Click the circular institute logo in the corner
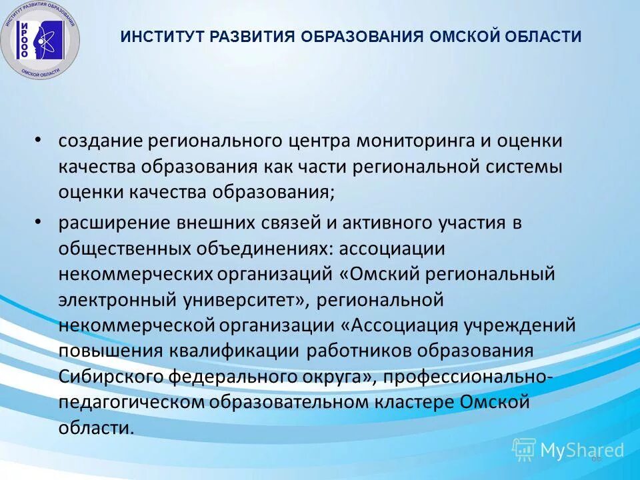(x=41, y=40)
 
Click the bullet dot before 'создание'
(x=38, y=141)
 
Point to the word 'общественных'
(x=125, y=249)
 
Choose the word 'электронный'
(x=118, y=300)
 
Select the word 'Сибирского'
(x=110, y=377)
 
